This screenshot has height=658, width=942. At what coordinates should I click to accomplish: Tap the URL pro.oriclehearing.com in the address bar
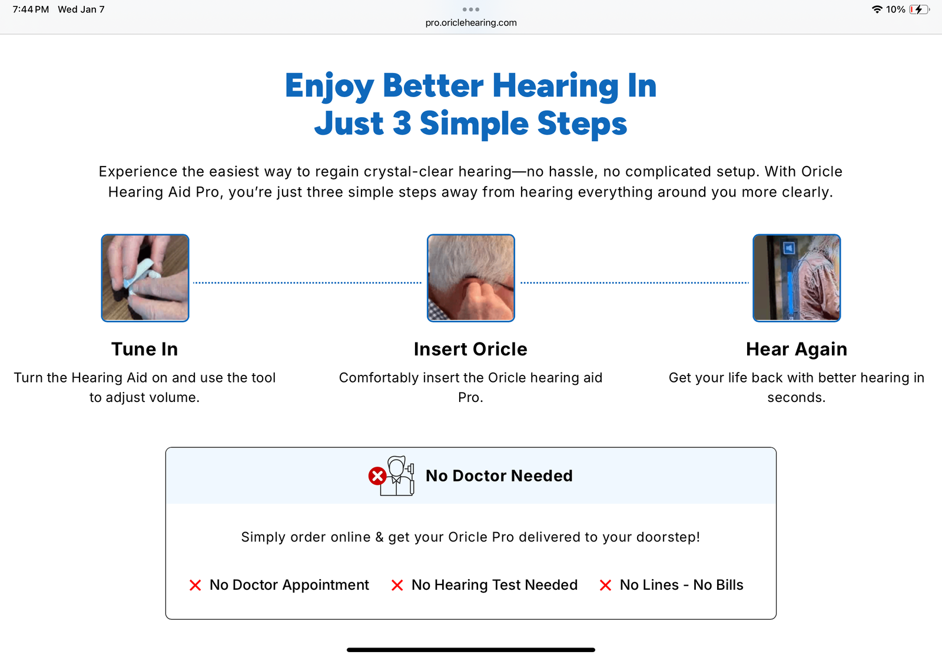tap(471, 23)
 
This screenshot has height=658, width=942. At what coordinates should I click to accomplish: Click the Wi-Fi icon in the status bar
tap(877, 9)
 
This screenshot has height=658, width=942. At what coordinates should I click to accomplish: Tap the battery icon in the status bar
tap(919, 9)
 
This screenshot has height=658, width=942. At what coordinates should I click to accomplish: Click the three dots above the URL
tap(471, 9)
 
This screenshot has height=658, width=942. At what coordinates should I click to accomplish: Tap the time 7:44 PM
tap(31, 9)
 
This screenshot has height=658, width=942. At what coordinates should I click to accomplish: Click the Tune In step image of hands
tap(145, 278)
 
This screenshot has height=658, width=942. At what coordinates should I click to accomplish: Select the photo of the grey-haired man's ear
tap(471, 278)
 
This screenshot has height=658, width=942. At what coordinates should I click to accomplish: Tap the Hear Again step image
tap(797, 278)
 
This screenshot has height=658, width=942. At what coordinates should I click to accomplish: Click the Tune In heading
tap(145, 349)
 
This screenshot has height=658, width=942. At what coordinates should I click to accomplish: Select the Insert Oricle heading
tap(470, 349)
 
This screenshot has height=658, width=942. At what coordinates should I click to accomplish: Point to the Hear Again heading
tap(797, 350)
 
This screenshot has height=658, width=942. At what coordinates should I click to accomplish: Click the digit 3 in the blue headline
tap(402, 123)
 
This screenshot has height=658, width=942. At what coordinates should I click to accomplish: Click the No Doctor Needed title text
tap(499, 476)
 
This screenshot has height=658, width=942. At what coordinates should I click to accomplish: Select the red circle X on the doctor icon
tap(377, 476)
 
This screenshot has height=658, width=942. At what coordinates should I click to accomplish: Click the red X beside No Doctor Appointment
tap(195, 585)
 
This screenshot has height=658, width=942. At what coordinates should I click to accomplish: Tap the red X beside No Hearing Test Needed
tap(397, 585)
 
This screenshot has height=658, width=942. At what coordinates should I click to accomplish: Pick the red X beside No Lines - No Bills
tap(605, 585)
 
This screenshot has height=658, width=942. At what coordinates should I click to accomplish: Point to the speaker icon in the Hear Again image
tap(789, 248)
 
